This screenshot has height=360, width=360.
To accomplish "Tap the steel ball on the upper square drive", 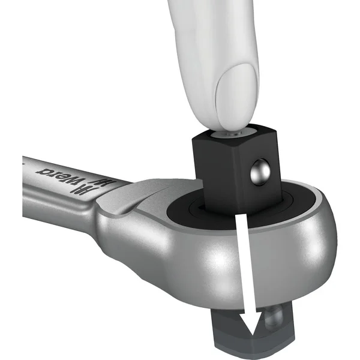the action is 260,171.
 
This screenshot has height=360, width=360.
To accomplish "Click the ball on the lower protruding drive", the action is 274,317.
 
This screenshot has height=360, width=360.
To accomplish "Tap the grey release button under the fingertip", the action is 232,134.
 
